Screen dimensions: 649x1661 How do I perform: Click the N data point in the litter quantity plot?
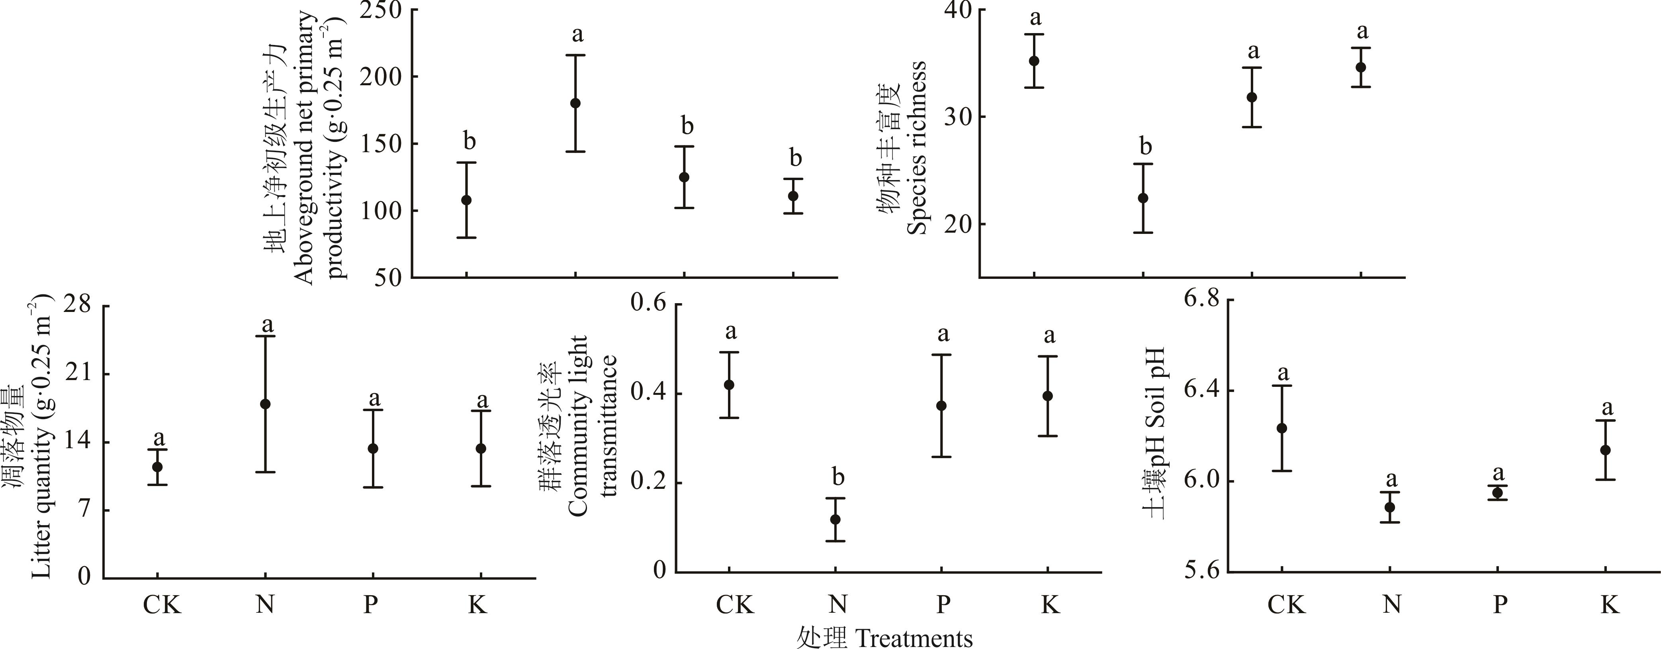click(265, 404)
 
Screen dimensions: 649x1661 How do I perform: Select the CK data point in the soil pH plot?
click(1282, 428)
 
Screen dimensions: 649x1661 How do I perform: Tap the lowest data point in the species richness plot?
click(1143, 198)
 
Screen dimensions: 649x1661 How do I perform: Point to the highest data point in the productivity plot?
click(575, 103)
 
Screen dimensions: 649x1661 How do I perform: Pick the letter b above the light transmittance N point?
click(837, 477)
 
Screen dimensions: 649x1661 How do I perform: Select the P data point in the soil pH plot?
click(1498, 493)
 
